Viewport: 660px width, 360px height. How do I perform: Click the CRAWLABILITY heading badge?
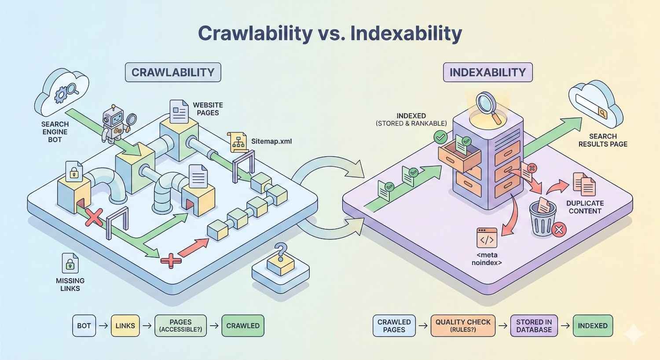tap(173, 73)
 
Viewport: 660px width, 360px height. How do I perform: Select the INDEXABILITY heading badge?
tap(488, 73)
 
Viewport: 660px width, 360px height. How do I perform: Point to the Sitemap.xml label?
tap(271, 142)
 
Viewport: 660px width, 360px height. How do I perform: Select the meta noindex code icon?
tap(487, 238)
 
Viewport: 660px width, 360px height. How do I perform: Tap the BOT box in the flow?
tap(84, 326)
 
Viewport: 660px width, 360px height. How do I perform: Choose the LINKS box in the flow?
tap(125, 326)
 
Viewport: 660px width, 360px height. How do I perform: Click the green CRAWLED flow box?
tap(243, 326)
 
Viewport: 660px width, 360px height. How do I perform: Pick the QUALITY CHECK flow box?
tap(463, 326)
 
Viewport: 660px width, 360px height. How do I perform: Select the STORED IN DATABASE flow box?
tap(534, 326)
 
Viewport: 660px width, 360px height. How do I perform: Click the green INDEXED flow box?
tap(593, 326)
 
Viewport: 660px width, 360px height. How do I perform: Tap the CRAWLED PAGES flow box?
tap(394, 326)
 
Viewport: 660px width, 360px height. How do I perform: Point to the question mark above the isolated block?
tap(279, 252)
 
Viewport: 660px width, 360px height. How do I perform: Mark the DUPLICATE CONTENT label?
tap(585, 207)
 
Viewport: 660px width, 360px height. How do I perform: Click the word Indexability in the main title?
tap(406, 33)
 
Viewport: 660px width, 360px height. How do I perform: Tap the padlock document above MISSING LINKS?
tap(70, 263)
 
